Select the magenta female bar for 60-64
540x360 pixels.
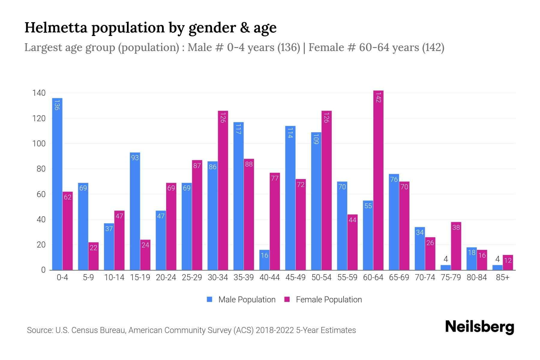pos(378,180)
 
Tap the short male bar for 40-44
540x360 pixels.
pos(264,260)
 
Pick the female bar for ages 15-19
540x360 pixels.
pos(145,255)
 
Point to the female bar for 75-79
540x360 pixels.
pos(456,246)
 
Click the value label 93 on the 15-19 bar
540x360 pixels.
pos(135,157)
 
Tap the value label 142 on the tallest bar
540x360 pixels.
pos(378,98)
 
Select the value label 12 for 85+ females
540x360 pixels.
pos(508,260)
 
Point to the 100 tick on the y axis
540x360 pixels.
pos(39,144)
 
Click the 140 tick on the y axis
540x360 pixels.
pos(39,93)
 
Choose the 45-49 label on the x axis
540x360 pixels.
pos(295,277)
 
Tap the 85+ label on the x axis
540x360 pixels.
pos(502,277)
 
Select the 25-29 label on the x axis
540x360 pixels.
pos(192,277)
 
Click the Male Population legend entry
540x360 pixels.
pos(247,299)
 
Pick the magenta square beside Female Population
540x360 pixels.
pos(287,299)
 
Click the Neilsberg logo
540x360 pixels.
pos(479,327)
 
